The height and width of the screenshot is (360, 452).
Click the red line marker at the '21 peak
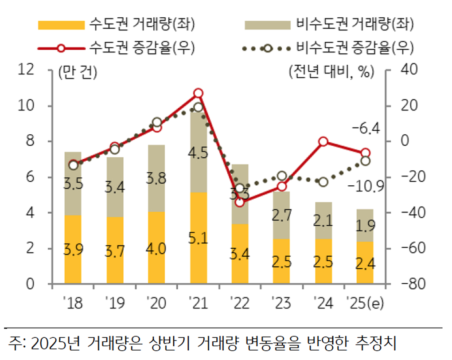(198, 93)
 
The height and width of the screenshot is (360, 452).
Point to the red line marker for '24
(323, 141)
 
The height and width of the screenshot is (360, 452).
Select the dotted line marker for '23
(282, 176)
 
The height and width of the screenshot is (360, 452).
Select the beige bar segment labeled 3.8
(156, 178)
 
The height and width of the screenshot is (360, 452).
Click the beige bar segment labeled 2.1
(323, 221)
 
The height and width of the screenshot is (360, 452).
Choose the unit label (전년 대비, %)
(331, 72)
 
